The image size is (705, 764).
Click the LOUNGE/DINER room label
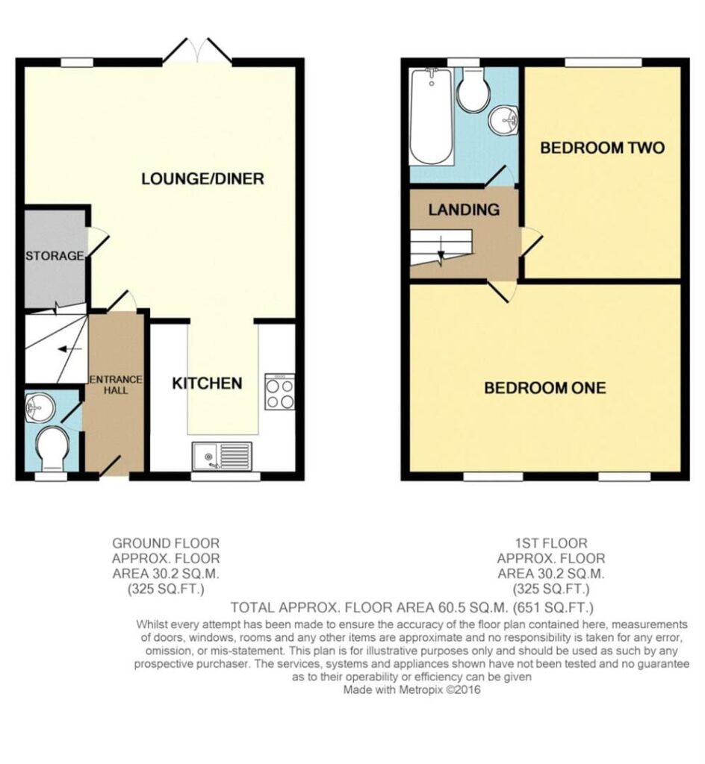click(202, 179)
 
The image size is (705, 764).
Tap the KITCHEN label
click(207, 383)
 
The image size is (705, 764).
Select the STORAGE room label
click(55, 255)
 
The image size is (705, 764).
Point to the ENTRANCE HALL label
click(115, 384)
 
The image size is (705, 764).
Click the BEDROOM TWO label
click(602, 147)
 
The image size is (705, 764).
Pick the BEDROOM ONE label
click(545, 388)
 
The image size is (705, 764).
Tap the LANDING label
click(464, 210)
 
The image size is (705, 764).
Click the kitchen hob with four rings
click(280, 392)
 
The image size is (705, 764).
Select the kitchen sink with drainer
click(223, 456)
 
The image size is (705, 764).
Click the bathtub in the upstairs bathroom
click(432, 116)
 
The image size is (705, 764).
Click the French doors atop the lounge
click(197, 51)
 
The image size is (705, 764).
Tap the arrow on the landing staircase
click(441, 251)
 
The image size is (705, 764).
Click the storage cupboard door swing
click(98, 242)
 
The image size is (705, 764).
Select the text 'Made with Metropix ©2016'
click(411, 689)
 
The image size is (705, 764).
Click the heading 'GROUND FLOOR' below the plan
click(166, 543)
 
